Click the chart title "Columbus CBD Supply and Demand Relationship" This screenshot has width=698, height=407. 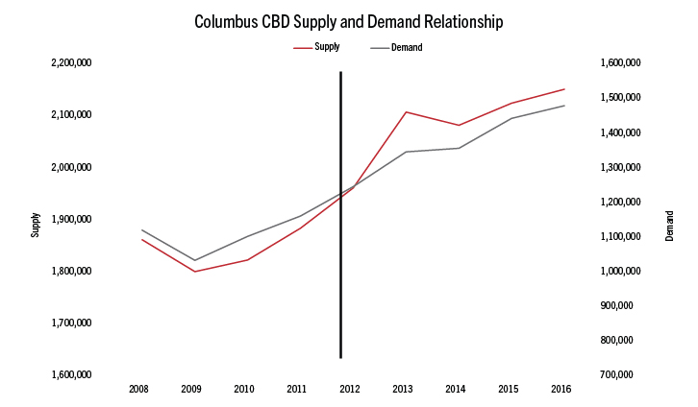coord(349,20)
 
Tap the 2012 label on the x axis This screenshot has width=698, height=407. coord(350,390)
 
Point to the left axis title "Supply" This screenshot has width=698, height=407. coord(36,225)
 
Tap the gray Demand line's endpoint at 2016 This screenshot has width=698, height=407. coord(564,106)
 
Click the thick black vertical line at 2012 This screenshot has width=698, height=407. coord(340,288)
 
